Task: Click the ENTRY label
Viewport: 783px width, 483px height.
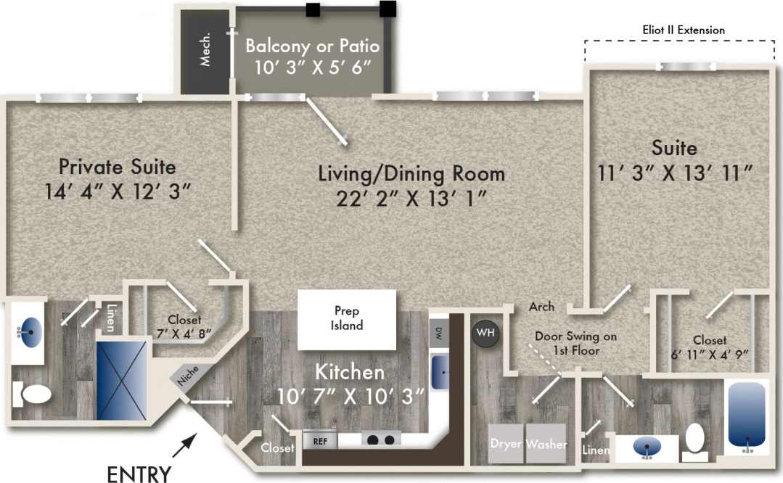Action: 139,474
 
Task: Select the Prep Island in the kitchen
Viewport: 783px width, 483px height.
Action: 347,318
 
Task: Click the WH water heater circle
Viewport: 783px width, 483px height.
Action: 484,334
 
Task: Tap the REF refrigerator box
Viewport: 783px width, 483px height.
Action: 320,439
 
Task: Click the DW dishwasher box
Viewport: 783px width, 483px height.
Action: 439,334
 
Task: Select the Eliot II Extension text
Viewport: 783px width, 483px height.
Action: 684,30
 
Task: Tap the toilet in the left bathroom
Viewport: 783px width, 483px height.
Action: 33,395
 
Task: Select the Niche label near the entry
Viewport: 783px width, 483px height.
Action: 184,377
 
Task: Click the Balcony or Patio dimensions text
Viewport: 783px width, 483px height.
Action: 313,67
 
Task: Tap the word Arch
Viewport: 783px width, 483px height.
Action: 541,307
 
